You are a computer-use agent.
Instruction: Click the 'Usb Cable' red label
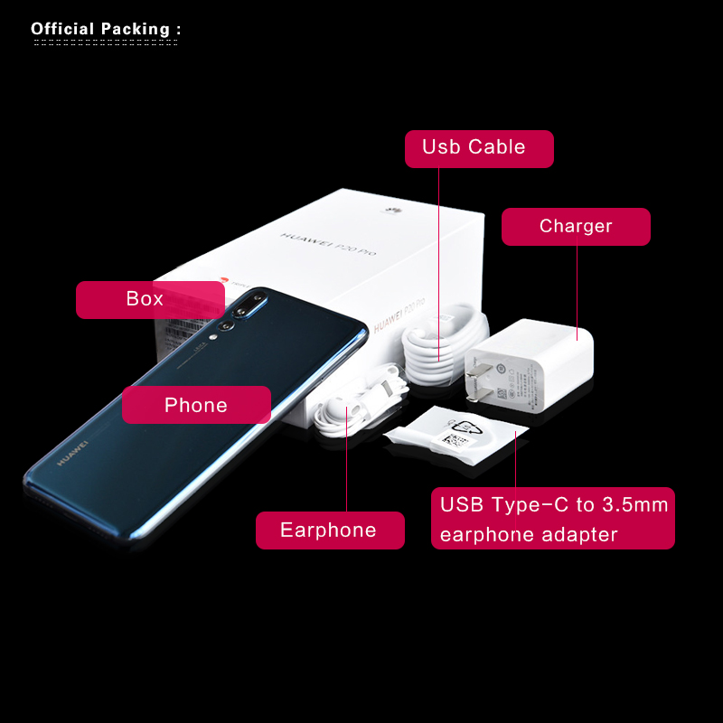[x=479, y=148]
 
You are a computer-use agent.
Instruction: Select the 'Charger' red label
[x=576, y=226]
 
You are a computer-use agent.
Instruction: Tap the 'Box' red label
[x=150, y=299]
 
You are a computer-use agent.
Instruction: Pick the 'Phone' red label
[x=196, y=405]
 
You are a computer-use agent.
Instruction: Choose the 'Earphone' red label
[x=330, y=530]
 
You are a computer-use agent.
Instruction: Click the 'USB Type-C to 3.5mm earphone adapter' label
[x=553, y=518]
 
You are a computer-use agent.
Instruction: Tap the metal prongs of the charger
[x=472, y=383]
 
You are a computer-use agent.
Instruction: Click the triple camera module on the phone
[x=242, y=311]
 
